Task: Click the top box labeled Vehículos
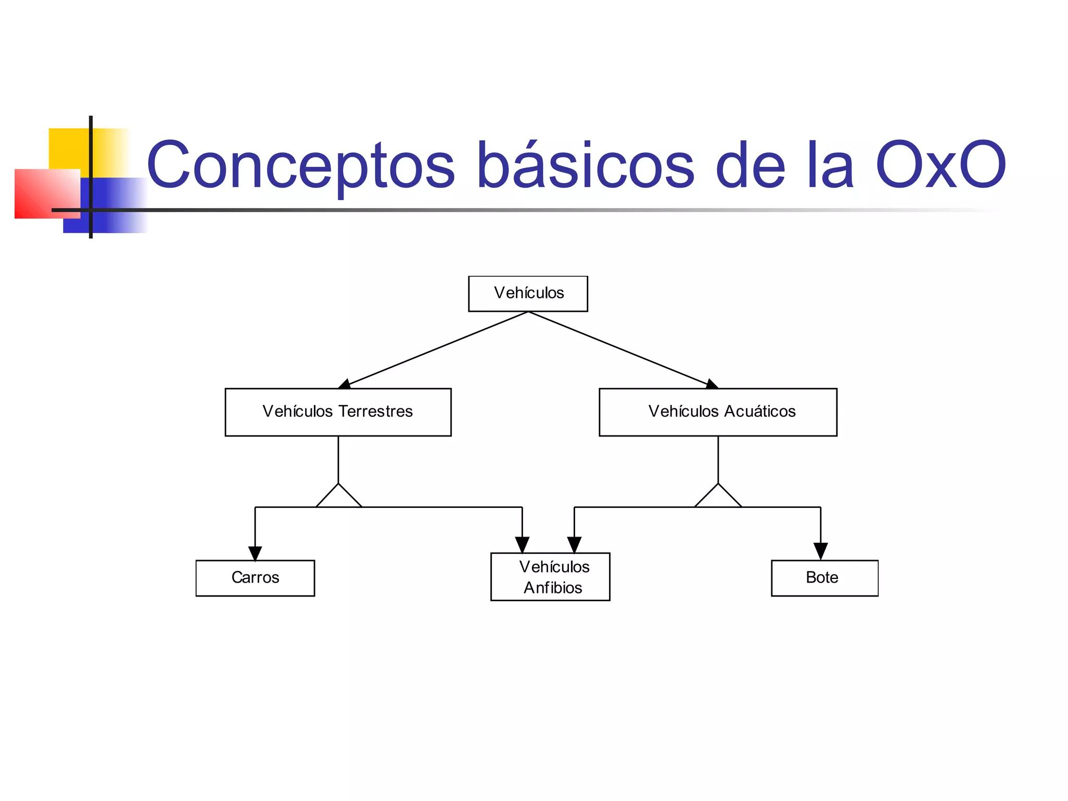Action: (x=528, y=294)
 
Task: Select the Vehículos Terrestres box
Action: (x=338, y=412)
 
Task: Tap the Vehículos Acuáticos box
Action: (x=718, y=412)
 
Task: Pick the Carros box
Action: (x=255, y=578)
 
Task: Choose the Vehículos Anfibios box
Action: (x=550, y=577)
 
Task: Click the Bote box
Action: (x=824, y=578)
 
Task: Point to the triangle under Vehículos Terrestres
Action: (x=338, y=497)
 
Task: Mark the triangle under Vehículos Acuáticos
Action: (x=718, y=497)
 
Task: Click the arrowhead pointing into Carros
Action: (x=255, y=553)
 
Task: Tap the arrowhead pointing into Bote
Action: (x=820, y=551)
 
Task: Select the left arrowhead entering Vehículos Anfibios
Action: (x=522, y=544)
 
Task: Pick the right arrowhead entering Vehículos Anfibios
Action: (x=574, y=544)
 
